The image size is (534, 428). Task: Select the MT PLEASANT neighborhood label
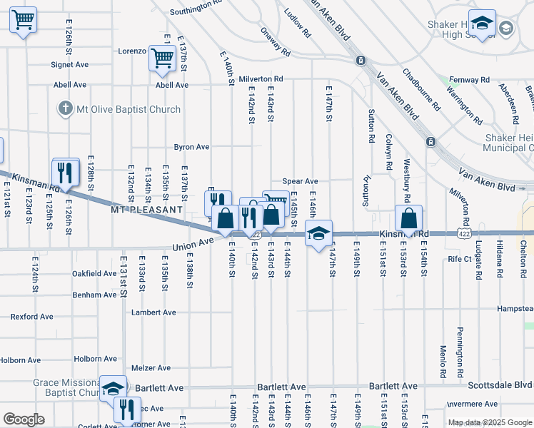point(146,210)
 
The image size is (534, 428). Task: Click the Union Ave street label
point(193,243)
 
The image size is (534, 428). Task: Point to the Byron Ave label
point(192,147)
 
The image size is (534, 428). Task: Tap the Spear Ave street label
point(300,182)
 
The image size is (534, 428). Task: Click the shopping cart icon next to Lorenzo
point(163,57)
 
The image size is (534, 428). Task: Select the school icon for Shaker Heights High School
point(482,23)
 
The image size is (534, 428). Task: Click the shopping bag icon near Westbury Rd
point(409,217)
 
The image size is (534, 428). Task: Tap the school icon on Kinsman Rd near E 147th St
point(319,232)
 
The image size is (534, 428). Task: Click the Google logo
point(24,419)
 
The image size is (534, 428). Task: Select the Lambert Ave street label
point(153,312)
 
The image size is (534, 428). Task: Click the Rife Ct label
point(460,259)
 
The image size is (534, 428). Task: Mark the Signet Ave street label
point(69,64)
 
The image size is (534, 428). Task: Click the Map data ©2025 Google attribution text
point(489,422)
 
